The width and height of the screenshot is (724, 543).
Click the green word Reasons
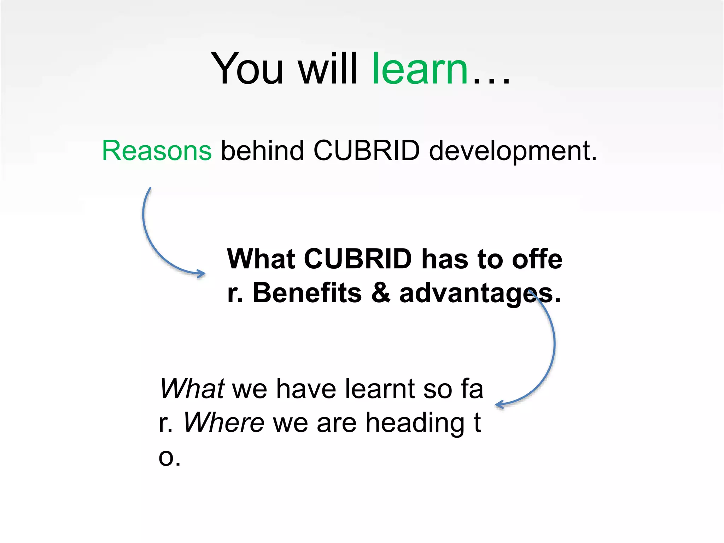(x=157, y=151)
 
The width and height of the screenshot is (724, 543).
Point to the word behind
(x=262, y=151)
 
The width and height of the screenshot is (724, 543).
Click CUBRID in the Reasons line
(x=367, y=151)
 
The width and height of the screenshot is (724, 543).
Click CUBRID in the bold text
(x=358, y=259)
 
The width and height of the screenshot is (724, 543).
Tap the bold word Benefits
(x=307, y=293)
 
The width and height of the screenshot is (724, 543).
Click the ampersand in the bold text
(x=381, y=293)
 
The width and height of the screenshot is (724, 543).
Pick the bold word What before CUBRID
(x=261, y=259)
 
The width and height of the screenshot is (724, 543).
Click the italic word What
(x=192, y=389)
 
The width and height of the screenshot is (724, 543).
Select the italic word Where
(x=223, y=423)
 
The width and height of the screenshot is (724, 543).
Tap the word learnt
(x=380, y=389)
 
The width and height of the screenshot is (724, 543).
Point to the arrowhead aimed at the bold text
(x=202, y=274)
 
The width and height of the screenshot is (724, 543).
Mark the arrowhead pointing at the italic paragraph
(x=499, y=405)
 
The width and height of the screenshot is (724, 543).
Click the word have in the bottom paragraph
(x=306, y=389)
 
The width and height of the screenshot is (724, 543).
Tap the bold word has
(x=444, y=259)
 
